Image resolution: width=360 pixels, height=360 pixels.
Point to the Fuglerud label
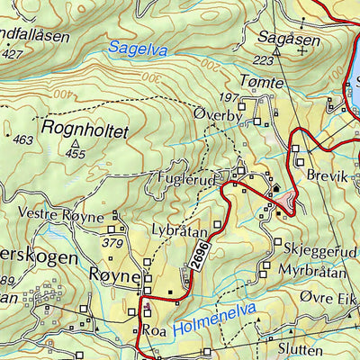[x=186, y=178]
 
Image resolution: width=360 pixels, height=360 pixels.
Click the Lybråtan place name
[x=180, y=231]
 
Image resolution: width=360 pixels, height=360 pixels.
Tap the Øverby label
[x=218, y=113]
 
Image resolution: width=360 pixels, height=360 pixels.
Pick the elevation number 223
[x=263, y=60]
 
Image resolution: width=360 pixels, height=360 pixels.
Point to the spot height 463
[x=23, y=139]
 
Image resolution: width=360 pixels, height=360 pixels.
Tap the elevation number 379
[x=112, y=243]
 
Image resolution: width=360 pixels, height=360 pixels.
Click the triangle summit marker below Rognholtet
[x=76, y=142]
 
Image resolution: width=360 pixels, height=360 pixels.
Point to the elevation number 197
[x=228, y=96]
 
